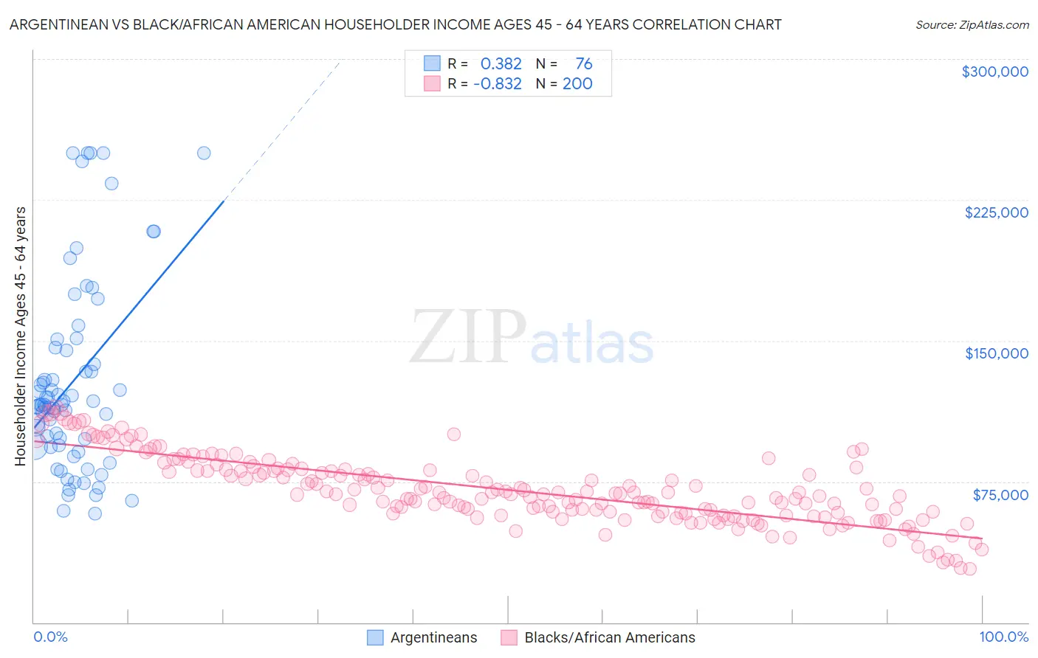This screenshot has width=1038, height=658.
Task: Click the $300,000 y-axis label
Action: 994,72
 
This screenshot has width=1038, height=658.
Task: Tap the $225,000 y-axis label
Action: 996,212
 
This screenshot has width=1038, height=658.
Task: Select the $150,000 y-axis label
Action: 996,353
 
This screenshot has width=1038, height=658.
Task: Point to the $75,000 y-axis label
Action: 1000,495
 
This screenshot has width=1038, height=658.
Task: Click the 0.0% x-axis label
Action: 50,637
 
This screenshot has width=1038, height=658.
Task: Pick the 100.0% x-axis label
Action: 1003,637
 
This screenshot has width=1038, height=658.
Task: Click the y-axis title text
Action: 20,336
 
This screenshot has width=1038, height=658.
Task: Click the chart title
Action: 395,24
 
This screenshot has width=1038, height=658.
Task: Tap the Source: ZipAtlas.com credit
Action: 972,24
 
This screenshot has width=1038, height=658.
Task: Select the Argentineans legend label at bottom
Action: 433,637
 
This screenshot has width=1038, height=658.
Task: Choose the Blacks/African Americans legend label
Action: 609,637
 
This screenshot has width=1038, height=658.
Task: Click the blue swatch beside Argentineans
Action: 375,637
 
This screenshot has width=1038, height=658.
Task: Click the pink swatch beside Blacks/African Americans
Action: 509,637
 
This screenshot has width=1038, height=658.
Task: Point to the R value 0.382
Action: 501,64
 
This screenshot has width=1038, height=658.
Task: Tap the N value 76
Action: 583,64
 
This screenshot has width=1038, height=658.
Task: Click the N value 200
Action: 577,84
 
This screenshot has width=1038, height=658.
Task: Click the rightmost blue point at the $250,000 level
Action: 204,153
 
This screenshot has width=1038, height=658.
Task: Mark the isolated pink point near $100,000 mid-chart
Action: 453,434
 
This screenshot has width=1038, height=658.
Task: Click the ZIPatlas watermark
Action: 532,338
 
